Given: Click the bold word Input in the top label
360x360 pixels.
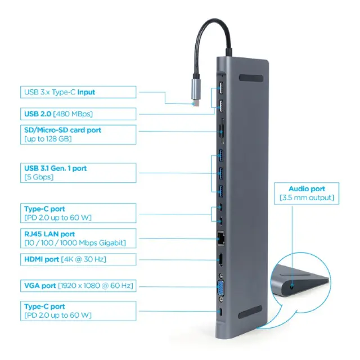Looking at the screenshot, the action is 86,92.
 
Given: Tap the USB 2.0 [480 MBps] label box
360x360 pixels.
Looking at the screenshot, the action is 78,114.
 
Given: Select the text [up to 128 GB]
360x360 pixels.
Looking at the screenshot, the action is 48,139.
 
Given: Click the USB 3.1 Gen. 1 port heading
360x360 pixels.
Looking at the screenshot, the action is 55,168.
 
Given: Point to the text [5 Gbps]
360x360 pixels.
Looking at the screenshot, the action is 39,177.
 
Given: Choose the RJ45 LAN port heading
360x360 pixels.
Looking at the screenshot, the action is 49,234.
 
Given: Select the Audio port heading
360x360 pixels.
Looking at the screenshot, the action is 307,189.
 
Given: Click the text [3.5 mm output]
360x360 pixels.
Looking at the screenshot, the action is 307,197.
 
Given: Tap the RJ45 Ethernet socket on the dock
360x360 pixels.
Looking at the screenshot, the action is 220,238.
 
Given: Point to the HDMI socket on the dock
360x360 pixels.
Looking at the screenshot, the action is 221,260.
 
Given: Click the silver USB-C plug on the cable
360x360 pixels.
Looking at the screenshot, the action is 196,92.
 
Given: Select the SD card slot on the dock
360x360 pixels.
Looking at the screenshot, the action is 222,132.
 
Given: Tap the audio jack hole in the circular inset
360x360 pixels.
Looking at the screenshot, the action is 292,286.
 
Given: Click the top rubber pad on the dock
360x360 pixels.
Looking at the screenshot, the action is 251,78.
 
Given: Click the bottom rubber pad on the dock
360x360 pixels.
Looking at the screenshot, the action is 250,312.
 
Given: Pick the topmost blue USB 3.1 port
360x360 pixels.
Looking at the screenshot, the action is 221,155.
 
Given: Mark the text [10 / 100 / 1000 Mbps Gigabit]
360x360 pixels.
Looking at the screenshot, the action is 75,243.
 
